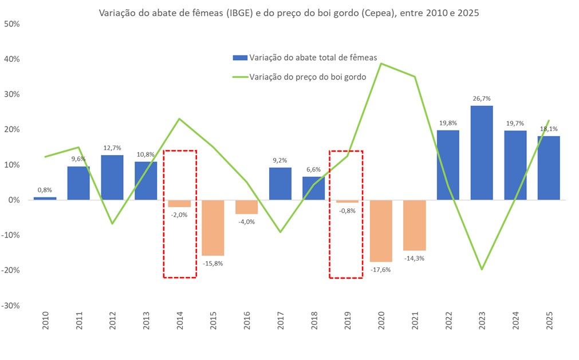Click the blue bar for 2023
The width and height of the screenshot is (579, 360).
point(482,152)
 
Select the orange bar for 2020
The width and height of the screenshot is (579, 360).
point(381,231)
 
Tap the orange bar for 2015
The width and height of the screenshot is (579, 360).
point(213,227)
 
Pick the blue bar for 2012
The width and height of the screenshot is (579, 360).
point(112,177)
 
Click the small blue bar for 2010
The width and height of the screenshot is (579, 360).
point(45,198)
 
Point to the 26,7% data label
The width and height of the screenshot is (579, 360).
point(482,98)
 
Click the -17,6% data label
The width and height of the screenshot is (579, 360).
point(381,269)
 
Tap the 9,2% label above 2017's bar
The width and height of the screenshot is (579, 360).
point(280,161)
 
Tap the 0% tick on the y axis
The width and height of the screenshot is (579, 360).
point(14,200)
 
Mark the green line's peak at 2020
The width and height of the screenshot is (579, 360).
point(381,64)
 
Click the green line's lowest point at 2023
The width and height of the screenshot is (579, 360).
point(482,269)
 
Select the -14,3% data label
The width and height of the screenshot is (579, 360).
point(415,258)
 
